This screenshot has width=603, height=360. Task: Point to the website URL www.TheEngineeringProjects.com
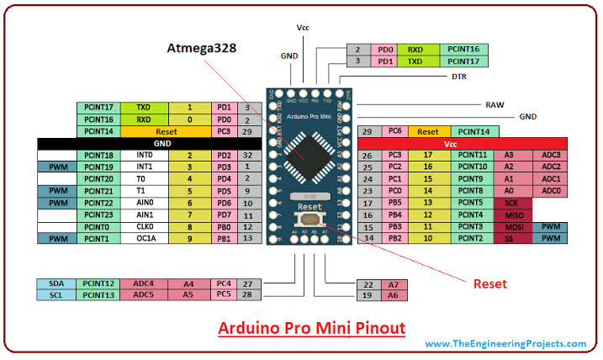click(505, 343)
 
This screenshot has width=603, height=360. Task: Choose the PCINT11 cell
click(476, 156)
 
